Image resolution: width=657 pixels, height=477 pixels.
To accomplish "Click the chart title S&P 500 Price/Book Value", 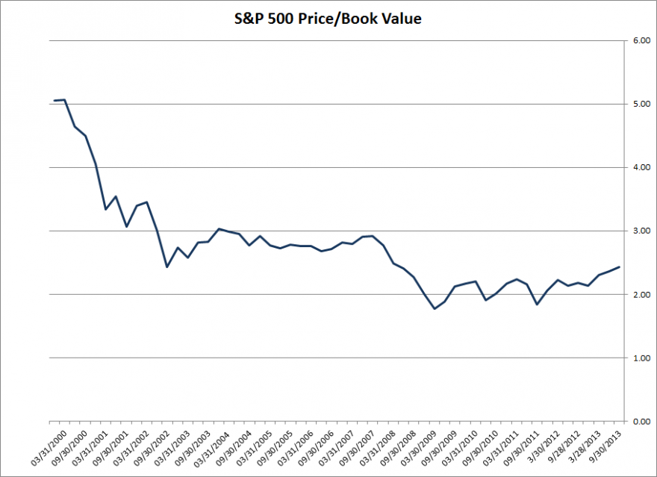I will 328,18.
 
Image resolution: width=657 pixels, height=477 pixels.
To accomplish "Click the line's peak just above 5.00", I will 65,100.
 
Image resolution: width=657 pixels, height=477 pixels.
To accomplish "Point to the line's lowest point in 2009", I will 435,308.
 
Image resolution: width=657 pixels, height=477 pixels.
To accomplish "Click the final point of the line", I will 619,267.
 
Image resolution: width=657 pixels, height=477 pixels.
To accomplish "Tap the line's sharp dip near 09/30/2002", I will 167,266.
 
